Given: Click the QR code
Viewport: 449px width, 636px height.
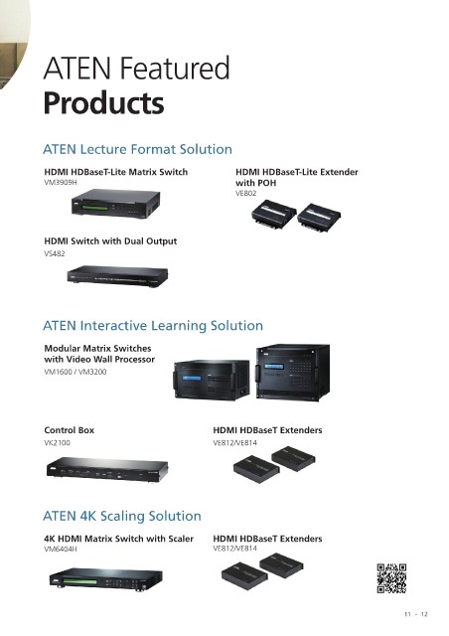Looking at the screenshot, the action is point(391,578).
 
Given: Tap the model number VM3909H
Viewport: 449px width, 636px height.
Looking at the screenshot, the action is point(60,183).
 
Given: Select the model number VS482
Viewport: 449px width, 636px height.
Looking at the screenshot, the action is point(55,253).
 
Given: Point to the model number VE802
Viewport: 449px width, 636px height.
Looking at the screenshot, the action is point(245,193).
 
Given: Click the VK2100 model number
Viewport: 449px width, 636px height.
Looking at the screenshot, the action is point(57,442).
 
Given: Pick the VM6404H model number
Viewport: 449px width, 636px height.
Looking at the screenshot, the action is point(60,549).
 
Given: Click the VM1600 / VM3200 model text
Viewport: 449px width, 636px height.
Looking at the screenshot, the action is point(75,372).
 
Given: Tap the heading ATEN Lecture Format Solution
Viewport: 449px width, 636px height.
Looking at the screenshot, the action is point(137,149).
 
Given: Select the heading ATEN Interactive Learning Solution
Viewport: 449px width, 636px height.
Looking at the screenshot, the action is point(153,325).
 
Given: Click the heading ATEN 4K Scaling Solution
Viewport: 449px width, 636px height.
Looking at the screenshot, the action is point(122,516).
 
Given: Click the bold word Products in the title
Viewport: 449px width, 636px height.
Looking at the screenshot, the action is point(104,103).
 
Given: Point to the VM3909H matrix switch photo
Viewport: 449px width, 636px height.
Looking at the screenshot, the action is point(115,204).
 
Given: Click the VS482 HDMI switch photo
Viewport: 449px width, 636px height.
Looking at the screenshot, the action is point(117,276).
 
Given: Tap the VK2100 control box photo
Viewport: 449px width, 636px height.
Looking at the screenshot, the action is point(107,469).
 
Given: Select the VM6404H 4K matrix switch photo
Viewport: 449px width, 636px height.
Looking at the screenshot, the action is point(106,579).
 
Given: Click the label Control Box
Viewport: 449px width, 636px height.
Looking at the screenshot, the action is point(69,430).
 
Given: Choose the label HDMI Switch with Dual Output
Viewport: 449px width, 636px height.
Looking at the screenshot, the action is point(110,240).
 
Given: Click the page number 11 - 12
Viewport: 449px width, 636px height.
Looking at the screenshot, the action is point(416,614).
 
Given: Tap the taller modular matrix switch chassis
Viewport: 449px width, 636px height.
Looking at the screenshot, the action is point(292,373).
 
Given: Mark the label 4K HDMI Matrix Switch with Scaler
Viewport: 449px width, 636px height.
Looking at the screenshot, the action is point(118,539).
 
